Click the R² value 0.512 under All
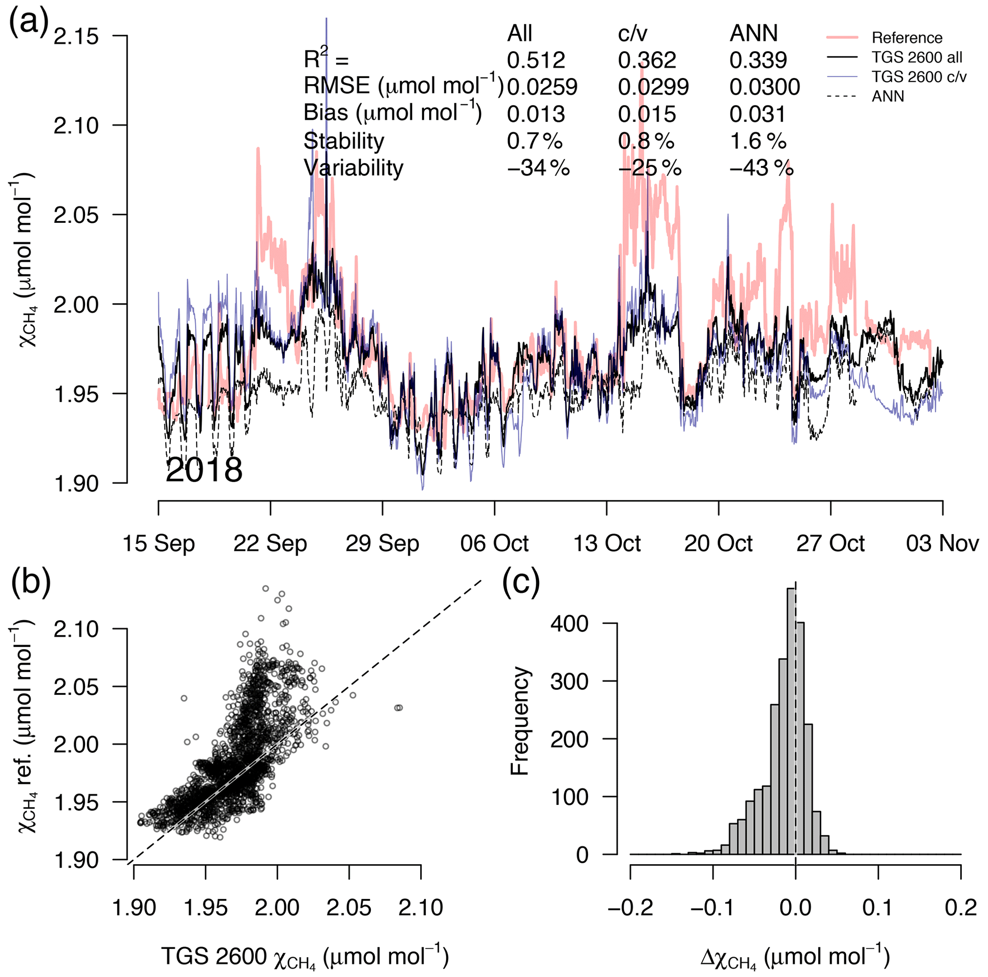pos(536,60)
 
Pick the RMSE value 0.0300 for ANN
pos(764,87)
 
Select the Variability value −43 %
pos(761,168)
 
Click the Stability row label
pos(344,141)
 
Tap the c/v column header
pos(632,33)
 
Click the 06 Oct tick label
pos(495,543)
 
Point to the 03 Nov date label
pos(943,543)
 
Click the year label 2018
pos(204,470)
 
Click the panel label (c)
pos(521,582)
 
